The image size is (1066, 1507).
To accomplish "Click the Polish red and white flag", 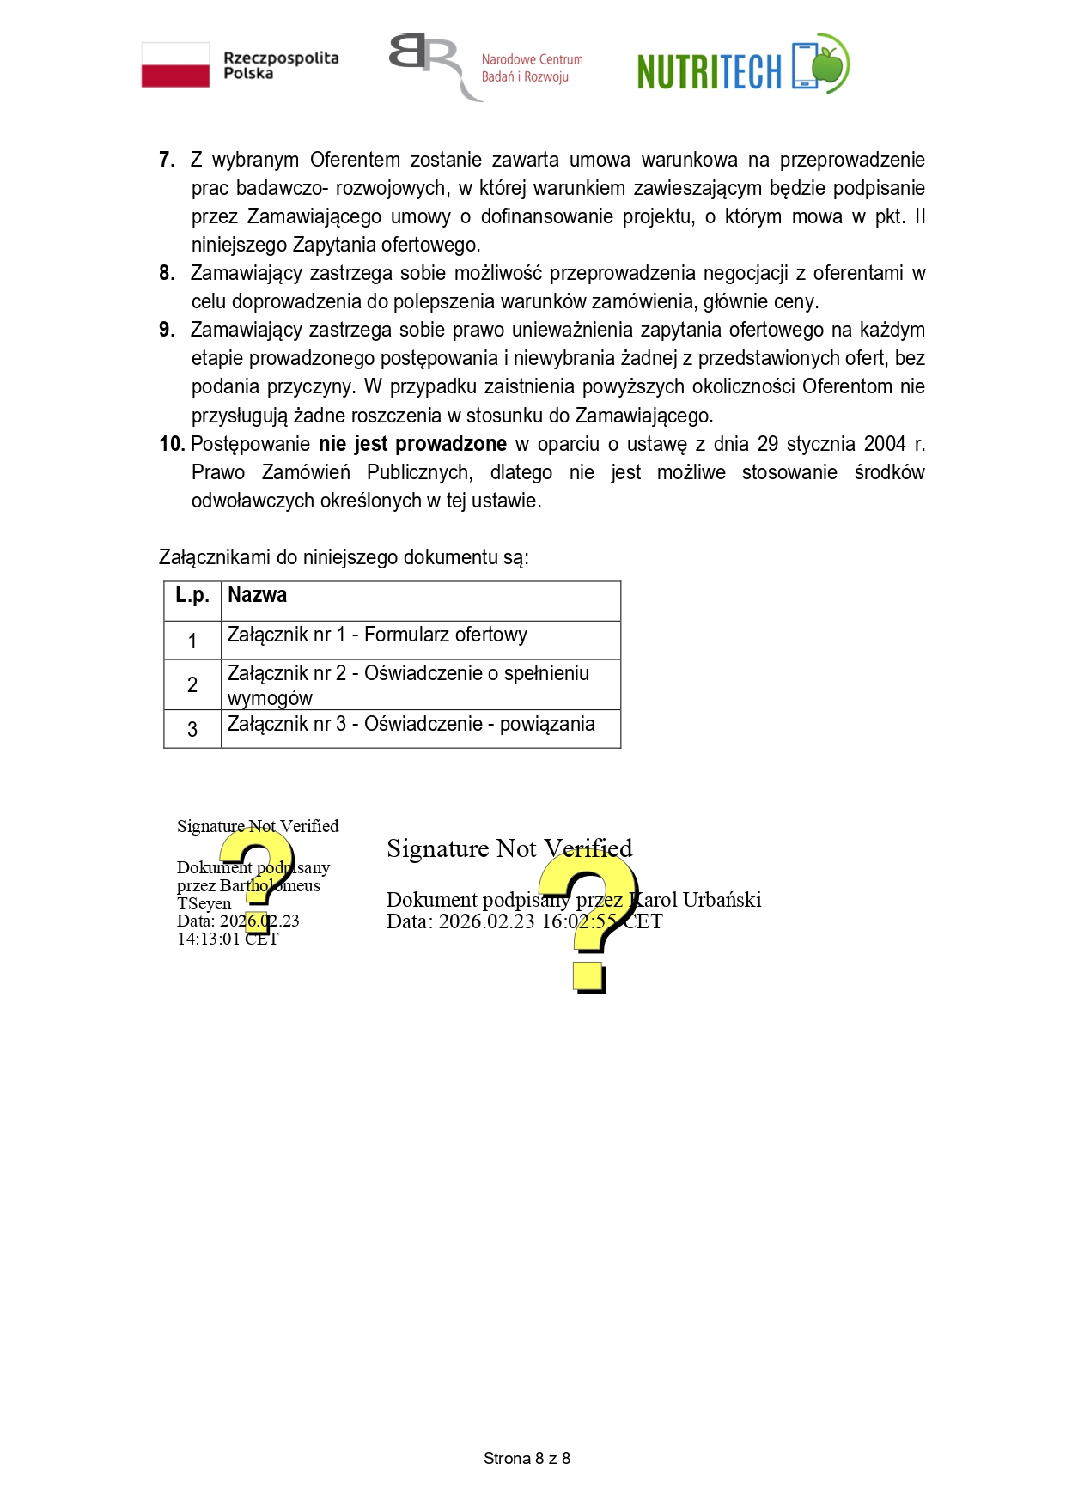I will (175, 65).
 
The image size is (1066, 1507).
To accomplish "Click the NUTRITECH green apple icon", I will (830, 64).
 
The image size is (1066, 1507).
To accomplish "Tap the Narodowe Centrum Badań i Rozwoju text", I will (532, 68).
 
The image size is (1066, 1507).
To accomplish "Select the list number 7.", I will (167, 160).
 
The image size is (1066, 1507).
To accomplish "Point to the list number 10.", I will (172, 444).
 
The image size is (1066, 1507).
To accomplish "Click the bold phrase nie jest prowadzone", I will (412, 444).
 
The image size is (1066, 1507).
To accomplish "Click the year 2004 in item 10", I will (884, 444).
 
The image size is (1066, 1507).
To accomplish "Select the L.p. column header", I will (192, 596).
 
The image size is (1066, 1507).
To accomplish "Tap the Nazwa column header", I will (257, 595).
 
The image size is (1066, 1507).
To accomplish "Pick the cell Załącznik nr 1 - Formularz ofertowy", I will (377, 635).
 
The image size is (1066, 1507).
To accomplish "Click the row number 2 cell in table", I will (192, 684).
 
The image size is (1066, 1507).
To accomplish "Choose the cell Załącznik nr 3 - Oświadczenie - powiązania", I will (411, 725).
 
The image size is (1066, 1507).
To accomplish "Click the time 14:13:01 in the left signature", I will (209, 939).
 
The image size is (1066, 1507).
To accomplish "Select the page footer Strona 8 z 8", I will (527, 1458).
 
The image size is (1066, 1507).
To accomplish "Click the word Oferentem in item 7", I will (355, 160).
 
